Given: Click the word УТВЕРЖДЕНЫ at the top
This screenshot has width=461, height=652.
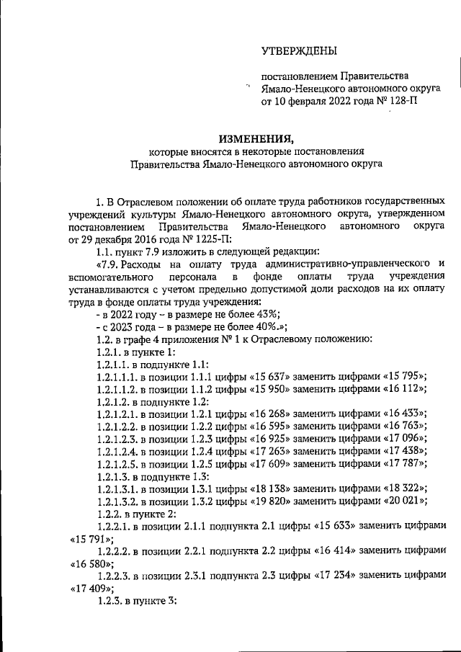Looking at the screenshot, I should click(x=297, y=50).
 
